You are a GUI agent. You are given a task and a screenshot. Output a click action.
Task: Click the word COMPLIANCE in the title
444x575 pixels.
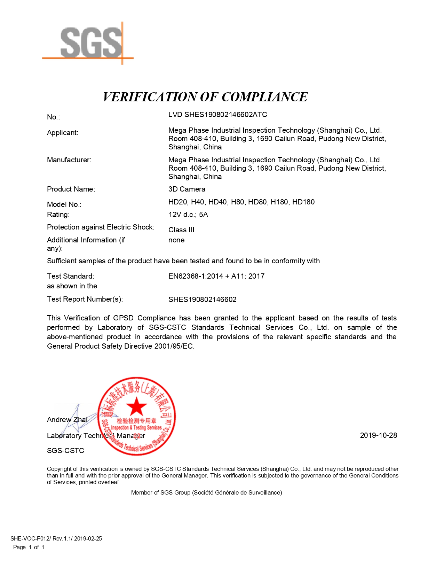click(264, 97)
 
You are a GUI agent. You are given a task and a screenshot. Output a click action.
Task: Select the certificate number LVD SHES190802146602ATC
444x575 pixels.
click(217, 115)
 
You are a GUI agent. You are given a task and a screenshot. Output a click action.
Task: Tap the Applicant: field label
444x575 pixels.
click(63, 133)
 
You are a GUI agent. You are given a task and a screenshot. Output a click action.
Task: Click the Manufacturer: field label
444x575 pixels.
click(69, 160)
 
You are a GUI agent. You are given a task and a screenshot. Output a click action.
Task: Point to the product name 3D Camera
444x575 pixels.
click(187, 189)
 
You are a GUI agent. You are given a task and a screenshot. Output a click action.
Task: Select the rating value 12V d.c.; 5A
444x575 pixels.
click(188, 215)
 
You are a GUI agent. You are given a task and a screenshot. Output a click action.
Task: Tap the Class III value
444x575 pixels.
click(181, 230)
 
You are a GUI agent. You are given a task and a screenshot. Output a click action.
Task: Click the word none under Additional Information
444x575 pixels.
click(176, 240)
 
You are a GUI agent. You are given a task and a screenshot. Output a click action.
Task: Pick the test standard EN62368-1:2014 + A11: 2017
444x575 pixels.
click(216, 276)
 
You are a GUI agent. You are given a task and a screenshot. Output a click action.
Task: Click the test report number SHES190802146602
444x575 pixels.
click(202, 300)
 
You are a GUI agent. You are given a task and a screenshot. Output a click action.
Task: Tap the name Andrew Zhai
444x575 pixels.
click(67, 420)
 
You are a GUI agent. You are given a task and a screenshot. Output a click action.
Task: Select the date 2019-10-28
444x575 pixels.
click(378, 435)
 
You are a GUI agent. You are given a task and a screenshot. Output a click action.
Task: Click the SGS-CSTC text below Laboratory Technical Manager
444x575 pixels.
click(65, 451)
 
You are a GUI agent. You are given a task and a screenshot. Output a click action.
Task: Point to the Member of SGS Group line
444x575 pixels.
click(206, 492)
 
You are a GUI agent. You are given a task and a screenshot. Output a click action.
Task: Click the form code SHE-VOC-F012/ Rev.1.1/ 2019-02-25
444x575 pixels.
click(56, 538)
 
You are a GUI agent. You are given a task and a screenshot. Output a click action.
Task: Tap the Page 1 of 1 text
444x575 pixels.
click(29, 547)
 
